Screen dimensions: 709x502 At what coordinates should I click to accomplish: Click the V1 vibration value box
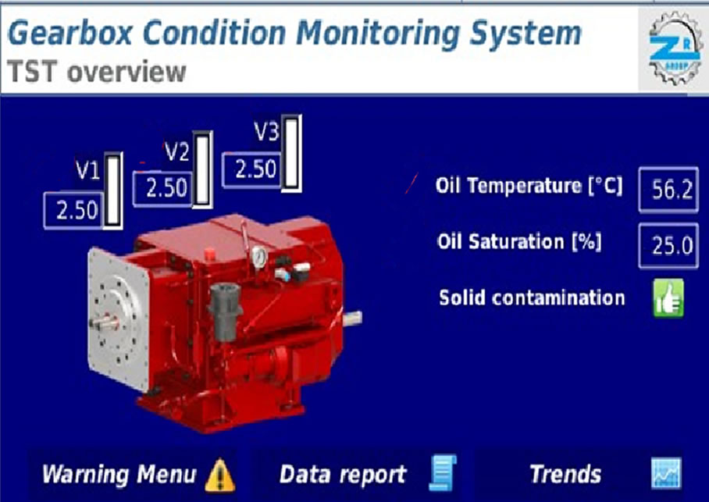[x=73, y=211]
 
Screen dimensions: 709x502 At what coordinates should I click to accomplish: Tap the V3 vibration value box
[x=252, y=169]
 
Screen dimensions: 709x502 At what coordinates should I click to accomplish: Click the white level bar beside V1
[x=113, y=190]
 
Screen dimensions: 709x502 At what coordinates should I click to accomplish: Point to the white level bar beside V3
[x=292, y=153]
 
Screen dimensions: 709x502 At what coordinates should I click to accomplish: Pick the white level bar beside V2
[x=202, y=169]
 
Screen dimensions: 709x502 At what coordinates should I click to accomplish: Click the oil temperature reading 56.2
[x=668, y=189]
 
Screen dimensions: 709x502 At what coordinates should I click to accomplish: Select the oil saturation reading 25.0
[x=668, y=246]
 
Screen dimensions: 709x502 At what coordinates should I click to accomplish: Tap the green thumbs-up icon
[x=668, y=298]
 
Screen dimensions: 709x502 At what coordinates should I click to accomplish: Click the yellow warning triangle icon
[x=220, y=475]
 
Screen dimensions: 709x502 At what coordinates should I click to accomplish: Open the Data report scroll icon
[x=442, y=473]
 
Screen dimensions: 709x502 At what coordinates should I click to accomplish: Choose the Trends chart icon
[x=666, y=474]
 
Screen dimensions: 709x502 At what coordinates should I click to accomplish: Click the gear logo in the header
[x=675, y=48]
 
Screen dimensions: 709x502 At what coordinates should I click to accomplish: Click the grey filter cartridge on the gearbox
[x=225, y=312]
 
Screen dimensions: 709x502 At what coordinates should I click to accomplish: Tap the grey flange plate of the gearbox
[x=119, y=318]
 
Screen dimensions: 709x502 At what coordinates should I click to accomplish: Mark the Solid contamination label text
[x=532, y=298]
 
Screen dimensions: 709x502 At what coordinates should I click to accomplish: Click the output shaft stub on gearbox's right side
[x=352, y=319]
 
